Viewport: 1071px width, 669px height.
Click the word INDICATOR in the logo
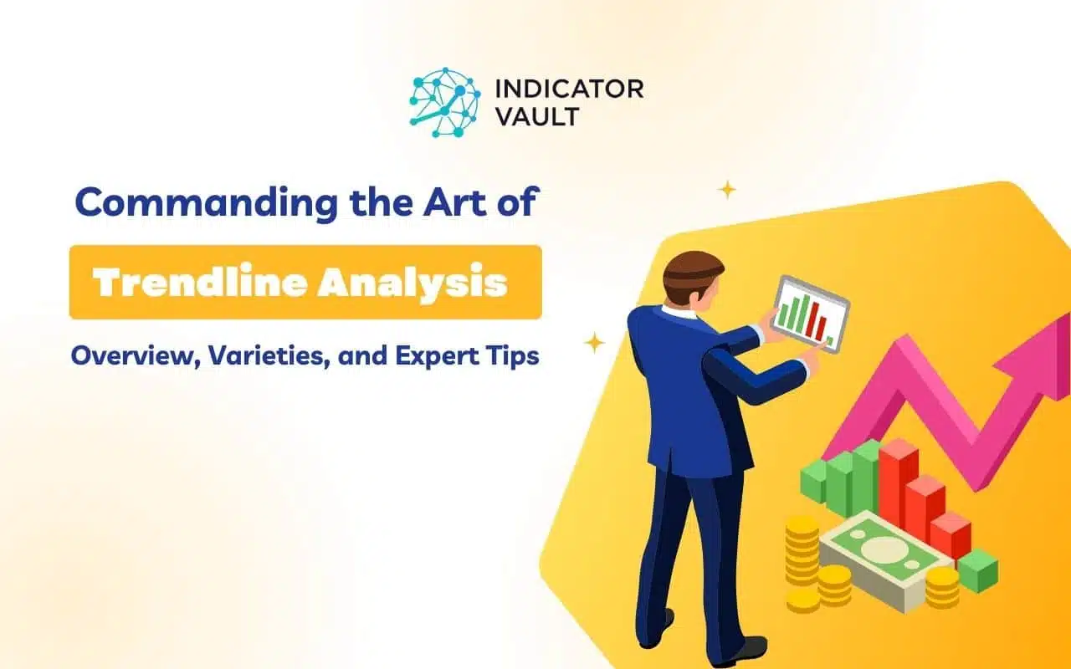569,89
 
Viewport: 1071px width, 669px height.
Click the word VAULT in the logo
537,116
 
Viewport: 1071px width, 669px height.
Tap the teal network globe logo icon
445,102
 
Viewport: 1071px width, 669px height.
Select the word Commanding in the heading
207,203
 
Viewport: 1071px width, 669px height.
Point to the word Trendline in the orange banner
199,283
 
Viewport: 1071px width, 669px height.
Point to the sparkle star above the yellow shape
727,190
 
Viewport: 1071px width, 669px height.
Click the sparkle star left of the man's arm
594,343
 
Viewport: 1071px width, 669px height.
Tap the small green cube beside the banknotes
978,570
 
